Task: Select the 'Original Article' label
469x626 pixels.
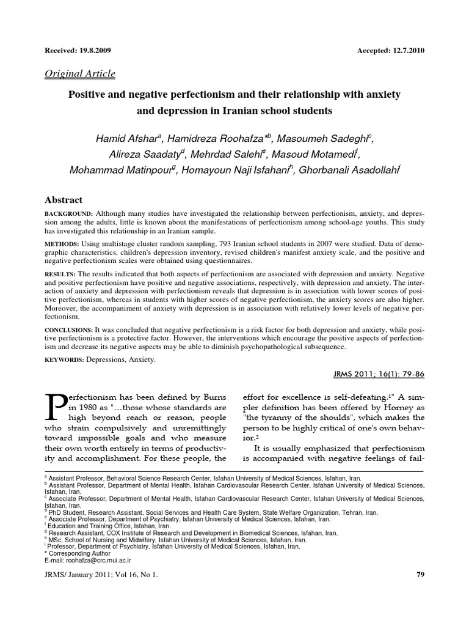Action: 80,74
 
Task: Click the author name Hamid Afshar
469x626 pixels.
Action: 125,139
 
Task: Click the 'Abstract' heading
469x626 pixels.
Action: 64,200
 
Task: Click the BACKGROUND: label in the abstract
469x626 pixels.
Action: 69,213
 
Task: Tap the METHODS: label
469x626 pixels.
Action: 62,244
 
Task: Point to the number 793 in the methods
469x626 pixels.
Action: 220,244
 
